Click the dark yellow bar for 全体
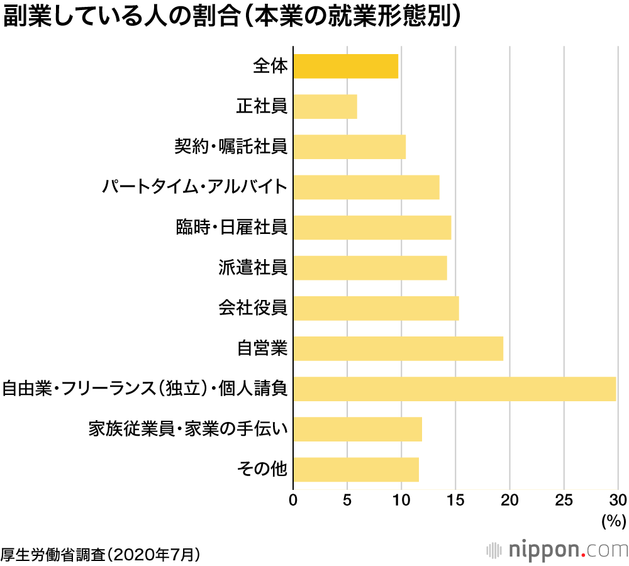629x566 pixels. coord(345,66)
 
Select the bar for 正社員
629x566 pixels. coord(325,106)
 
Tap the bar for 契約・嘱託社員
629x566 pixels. coord(349,147)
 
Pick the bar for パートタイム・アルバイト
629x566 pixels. coord(366,187)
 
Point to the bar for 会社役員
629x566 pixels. coord(376,308)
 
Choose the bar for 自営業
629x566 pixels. coord(398,348)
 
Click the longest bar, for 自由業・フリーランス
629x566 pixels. coord(454,389)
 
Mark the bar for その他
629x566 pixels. coord(355,469)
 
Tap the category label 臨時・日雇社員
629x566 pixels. coord(232,227)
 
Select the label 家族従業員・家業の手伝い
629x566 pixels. coord(188,429)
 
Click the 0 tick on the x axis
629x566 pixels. coord(293,501)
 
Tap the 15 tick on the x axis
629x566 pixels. coord(455,501)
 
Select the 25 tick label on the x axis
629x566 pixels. coord(564,501)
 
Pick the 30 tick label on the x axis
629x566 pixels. coord(618,501)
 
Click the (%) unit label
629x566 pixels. coord(614,520)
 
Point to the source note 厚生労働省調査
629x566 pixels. coord(101,554)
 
